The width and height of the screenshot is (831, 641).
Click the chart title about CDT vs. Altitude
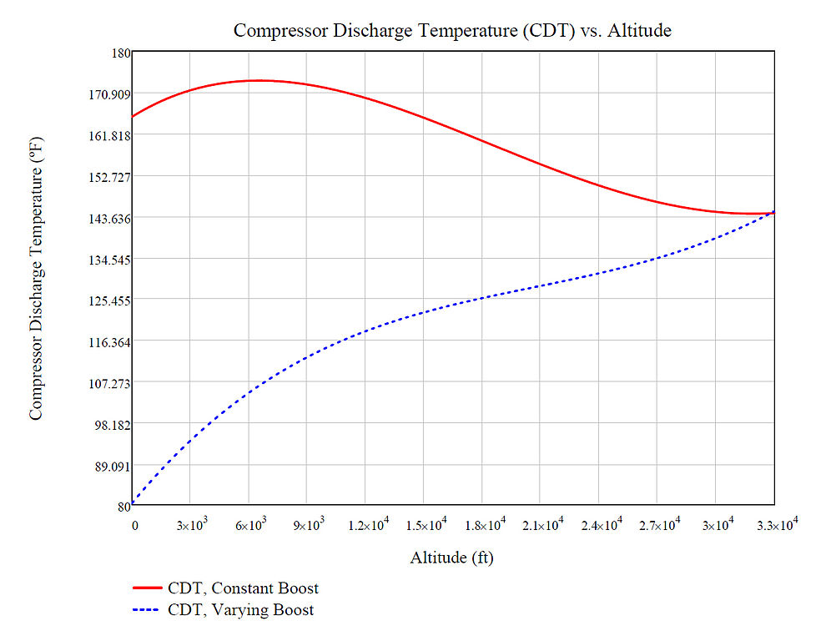[452, 31]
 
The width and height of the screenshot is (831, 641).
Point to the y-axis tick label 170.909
[109, 94]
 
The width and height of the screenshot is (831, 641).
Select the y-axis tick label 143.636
[109, 219]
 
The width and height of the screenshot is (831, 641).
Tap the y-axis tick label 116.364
[109, 342]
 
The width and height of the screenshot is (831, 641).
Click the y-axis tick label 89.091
[113, 467]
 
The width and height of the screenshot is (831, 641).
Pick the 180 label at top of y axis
[121, 53]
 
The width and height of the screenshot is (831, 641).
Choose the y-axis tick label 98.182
[113, 425]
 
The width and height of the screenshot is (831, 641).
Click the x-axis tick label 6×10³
[250, 524]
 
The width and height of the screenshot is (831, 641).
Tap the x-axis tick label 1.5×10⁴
[426, 524]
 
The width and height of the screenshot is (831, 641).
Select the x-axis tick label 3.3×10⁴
[777, 524]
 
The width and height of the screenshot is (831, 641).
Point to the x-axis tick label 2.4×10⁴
[602, 524]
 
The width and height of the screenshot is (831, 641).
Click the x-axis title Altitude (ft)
[451, 558]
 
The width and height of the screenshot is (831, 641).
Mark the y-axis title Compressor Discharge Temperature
[36, 279]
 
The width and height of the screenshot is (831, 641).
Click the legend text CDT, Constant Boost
[243, 588]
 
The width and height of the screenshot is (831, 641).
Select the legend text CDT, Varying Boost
[240, 610]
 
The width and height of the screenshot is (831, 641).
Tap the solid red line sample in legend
[147, 588]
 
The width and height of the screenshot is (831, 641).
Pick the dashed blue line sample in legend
[146, 610]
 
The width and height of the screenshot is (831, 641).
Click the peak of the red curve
[259, 81]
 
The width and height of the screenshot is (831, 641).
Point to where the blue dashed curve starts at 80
[133, 503]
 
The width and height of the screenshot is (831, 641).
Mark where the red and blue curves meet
[773, 213]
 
